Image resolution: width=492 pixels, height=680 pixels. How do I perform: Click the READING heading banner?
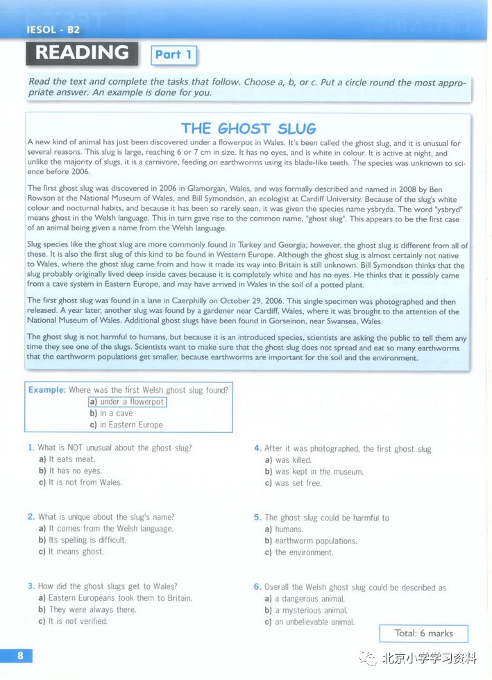pyautogui.click(x=82, y=53)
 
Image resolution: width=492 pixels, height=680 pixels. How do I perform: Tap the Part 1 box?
pyautogui.click(x=173, y=55)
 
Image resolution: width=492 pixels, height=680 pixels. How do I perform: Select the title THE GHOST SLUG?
pyautogui.click(x=248, y=128)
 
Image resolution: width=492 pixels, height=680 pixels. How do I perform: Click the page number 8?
pyautogui.click(x=20, y=656)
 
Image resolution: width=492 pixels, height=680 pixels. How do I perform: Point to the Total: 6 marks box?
pyautogui.click(x=423, y=634)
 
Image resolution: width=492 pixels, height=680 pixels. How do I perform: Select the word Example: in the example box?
pyautogui.click(x=47, y=390)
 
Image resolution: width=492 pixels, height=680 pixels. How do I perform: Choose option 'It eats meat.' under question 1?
pyautogui.click(x=71, y=459)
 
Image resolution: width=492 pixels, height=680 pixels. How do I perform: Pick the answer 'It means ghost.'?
pyautogui.click(x=76, y=552)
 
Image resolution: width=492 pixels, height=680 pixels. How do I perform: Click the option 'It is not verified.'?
pyautogui.click(x=78, y=621)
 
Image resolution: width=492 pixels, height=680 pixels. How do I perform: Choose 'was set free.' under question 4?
pyautogui.click(x=298, y=483)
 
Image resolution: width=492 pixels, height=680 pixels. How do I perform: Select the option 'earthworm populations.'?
pyautogui.click(x=316, y=541)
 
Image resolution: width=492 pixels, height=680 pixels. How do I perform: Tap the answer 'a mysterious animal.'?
pyautogui.click(x=311, y=611)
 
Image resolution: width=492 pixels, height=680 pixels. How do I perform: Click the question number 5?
pyautogui.click(x=257, y=518)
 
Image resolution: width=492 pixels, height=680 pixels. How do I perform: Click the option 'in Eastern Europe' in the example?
pyautogui.click(x=130, y=425)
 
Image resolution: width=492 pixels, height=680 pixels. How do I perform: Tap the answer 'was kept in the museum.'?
pyautogui.click(x=319, y=472)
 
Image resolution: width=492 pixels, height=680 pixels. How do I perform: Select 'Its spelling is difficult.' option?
pyautogui.click(x=87, y=540)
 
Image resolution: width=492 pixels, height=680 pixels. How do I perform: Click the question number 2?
pyautogui.click(x=31, y=517)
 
